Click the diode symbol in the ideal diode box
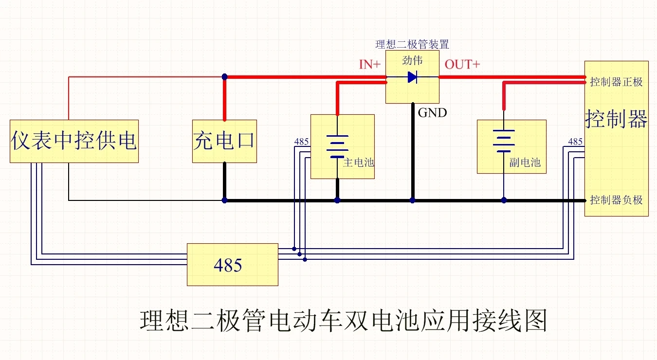(x=412, y=77)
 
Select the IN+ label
(x=369, y=64)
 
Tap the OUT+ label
(x=462, y=64)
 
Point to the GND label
(x=432, y=113)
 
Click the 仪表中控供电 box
(x=74, y=141)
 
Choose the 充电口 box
(x=224, y=141)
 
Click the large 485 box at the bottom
(x=233, y=265)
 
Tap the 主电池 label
(x=359, y=162)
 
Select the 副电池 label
(x=525, y=162)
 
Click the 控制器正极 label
(x=616, y=82)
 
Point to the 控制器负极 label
(x=616, y=200)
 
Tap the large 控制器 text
(x=616, y=118)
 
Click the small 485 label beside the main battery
(x=301, y=142)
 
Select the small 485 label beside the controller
(x=575, y=142)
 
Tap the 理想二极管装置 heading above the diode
(x=412, y=44)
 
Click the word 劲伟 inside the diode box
(x=412, y=61)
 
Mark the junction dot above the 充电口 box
(x=224, y=77)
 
